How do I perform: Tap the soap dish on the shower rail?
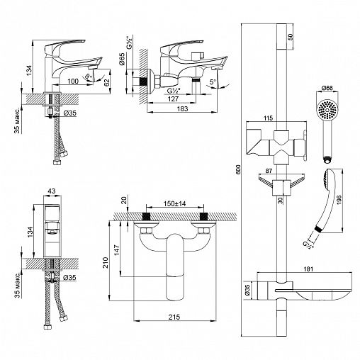(313, 287)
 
